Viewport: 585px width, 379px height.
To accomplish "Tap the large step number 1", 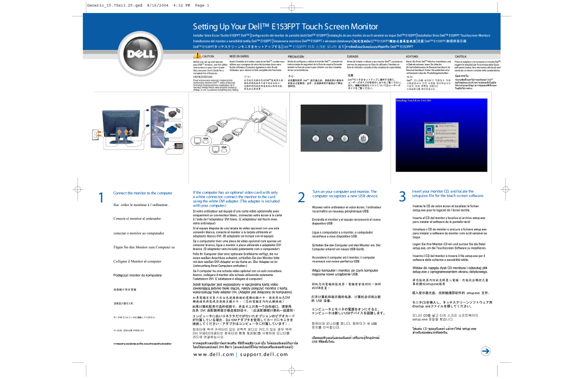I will pos(101,198).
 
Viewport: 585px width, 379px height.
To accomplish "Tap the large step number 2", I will pos(301,198).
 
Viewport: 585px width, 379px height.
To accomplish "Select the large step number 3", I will pos(402,197).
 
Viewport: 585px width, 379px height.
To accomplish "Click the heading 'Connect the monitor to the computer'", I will pos(142,193).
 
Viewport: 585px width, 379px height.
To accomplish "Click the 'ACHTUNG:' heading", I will pos(413,56).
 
